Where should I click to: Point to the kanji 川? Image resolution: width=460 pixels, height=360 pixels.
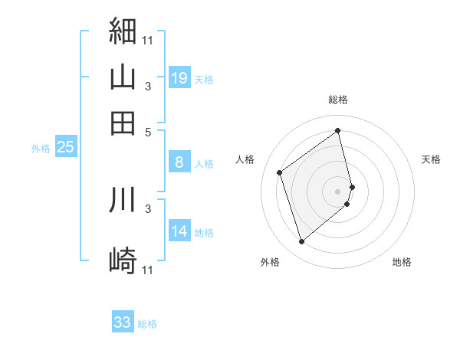tap(123, 198)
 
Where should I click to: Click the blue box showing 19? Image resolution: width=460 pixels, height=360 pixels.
tap(179, 78)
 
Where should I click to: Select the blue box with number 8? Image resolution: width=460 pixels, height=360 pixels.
tap(179, 162)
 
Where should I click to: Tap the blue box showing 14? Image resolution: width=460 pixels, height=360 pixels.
tap(179, 232)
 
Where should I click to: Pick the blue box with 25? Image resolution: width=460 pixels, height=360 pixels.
tap(65, 148)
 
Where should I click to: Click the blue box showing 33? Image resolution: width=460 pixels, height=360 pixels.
tap(123, 322)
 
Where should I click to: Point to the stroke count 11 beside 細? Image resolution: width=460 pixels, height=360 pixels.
tap(147, 39)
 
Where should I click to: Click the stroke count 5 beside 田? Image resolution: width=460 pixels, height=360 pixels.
tap(148, 132)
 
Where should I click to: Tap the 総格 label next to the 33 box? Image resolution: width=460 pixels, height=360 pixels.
tap(148, 324)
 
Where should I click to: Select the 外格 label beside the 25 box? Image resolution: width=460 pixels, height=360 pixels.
tap(41, 149)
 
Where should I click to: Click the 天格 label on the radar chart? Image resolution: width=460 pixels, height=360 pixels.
tap(432, 160)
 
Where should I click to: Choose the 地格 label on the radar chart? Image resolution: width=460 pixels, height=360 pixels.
tap(402, 262)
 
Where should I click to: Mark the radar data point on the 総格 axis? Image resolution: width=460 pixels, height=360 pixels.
tap(338, 130)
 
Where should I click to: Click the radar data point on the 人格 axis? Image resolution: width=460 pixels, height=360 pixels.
tap(280, 172)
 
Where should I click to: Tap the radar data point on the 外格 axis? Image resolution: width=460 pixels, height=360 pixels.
tap(301, 242)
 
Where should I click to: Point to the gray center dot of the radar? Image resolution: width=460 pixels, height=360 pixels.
tap(338, 191)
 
